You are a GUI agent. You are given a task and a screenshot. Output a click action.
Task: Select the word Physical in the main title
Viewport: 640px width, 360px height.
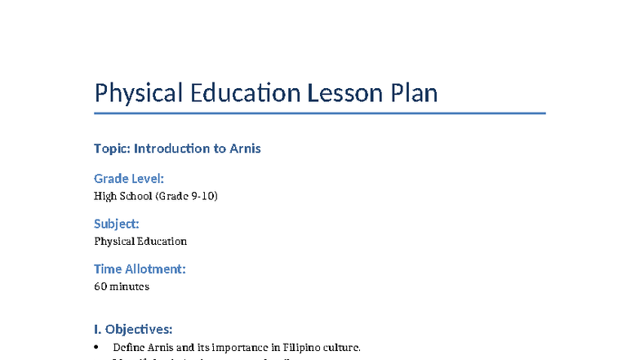tap(139, 93)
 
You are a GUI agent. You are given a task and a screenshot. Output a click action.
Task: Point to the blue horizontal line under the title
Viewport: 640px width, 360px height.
tap(319, 113)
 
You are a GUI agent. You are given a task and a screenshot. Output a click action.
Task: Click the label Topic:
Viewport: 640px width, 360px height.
tap(112, 149)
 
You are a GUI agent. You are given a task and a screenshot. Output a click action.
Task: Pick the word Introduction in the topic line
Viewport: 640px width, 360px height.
tap(170, 149)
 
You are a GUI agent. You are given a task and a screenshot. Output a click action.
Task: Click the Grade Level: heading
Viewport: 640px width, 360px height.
tap(129, 178)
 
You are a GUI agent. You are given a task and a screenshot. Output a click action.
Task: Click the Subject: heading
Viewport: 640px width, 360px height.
tap(117, 224)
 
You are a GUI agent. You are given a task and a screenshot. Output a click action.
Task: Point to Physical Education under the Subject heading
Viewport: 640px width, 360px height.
tap(140, 242)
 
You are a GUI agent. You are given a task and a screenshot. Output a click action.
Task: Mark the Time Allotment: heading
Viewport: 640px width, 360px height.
tap(140, 269)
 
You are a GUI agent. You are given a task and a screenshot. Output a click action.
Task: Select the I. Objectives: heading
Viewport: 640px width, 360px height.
tap(133, 330)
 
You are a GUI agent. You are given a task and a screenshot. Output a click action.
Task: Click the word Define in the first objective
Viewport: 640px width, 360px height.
tap(129, 348)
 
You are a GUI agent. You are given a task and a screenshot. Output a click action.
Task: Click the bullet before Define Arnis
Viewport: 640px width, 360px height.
tap(99, 348)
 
